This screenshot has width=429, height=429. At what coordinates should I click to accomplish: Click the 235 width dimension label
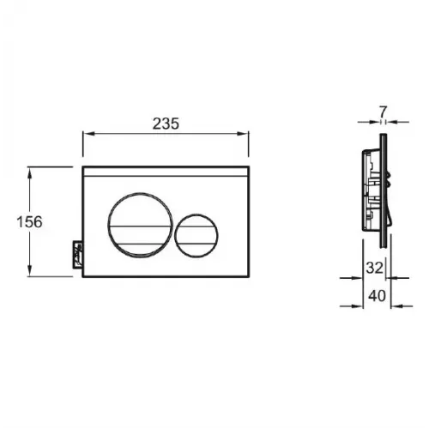coord(166,124)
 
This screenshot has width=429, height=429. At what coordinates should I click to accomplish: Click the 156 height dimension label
coord(29,222)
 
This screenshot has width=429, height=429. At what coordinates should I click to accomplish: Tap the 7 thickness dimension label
coord(383,112)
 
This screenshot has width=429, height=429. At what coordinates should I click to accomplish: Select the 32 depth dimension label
coord(374,268)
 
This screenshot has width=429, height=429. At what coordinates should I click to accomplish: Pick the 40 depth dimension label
coord(377,296)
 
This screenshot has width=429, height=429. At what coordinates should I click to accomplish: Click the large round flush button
coord(140,226)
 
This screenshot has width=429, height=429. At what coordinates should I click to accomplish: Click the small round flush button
coord(196,235)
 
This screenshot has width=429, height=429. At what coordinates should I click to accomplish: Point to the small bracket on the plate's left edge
coord(77,255)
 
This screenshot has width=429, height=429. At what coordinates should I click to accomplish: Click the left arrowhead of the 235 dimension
coord(88,134)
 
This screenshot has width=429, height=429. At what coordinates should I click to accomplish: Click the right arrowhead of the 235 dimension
coord(243,134)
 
